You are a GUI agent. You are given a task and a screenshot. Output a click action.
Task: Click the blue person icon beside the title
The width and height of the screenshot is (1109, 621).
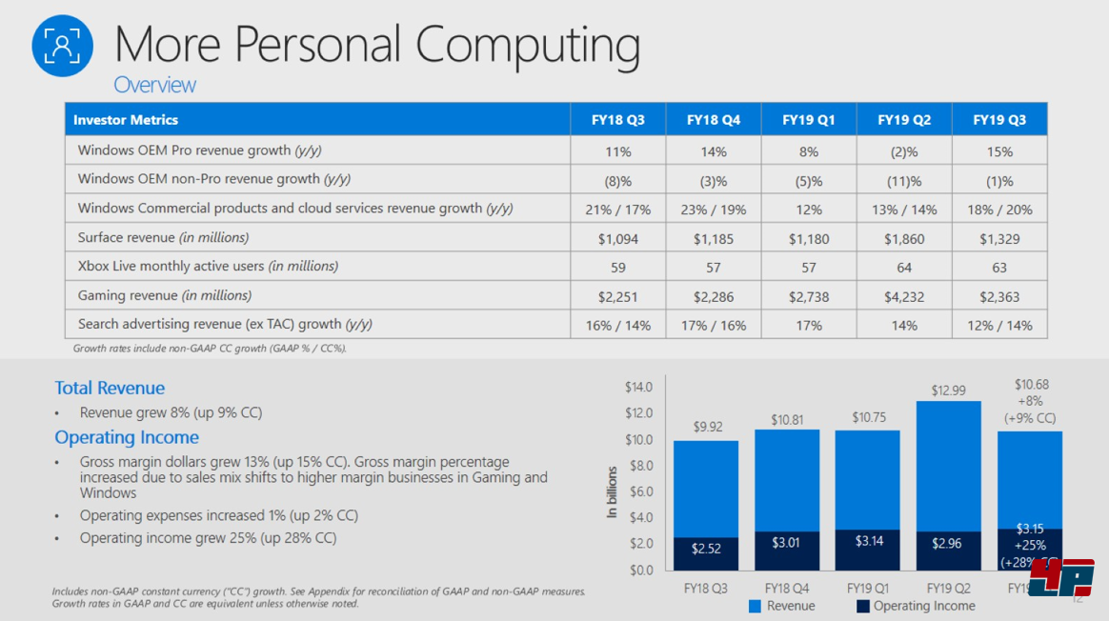tap(62, 45)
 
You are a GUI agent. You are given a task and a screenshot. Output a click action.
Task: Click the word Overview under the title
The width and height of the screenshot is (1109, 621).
tap(154, 85)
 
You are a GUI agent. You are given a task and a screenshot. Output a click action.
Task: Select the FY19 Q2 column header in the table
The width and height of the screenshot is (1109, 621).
tap(903, 120)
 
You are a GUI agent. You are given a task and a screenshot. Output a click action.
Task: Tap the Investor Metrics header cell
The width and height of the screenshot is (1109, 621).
tap(126, 120)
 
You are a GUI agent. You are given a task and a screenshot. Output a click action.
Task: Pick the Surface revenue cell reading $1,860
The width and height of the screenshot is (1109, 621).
tap(903, 238)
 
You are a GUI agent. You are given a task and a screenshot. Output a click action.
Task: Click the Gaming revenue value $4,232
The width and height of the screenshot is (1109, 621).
tap(903, 296)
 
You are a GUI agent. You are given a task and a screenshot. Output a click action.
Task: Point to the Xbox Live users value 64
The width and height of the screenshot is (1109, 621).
tap(903, 267)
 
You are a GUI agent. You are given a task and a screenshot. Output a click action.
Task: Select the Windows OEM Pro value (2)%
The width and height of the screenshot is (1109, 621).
tap(903, 151)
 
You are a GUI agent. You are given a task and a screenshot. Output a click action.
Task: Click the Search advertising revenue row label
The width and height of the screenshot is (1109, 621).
tap(225, 325)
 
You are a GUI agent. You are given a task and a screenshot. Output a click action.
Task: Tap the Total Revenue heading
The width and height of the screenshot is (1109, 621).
tap(110, 388)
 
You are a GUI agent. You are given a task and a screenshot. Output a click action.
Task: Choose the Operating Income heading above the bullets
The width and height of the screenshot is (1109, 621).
tap(127, 437)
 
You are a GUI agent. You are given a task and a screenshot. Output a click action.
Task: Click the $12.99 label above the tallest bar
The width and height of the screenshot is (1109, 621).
tap(948, 391)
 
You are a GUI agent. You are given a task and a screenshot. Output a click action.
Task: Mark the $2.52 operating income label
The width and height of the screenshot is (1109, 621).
tap(705, 548)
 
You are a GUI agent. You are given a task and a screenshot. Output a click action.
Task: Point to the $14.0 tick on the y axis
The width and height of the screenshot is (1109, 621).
tap(638, 387)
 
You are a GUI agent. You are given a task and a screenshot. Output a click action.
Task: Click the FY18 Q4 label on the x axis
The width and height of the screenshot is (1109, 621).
tap(786, 588)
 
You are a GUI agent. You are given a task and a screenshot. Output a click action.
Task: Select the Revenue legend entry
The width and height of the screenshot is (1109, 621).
tap(782, 606)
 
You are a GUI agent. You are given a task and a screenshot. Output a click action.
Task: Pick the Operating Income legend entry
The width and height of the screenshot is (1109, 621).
tap(916, 606)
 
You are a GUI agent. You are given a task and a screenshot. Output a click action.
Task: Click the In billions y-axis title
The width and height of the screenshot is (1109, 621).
tap(612, 492)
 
